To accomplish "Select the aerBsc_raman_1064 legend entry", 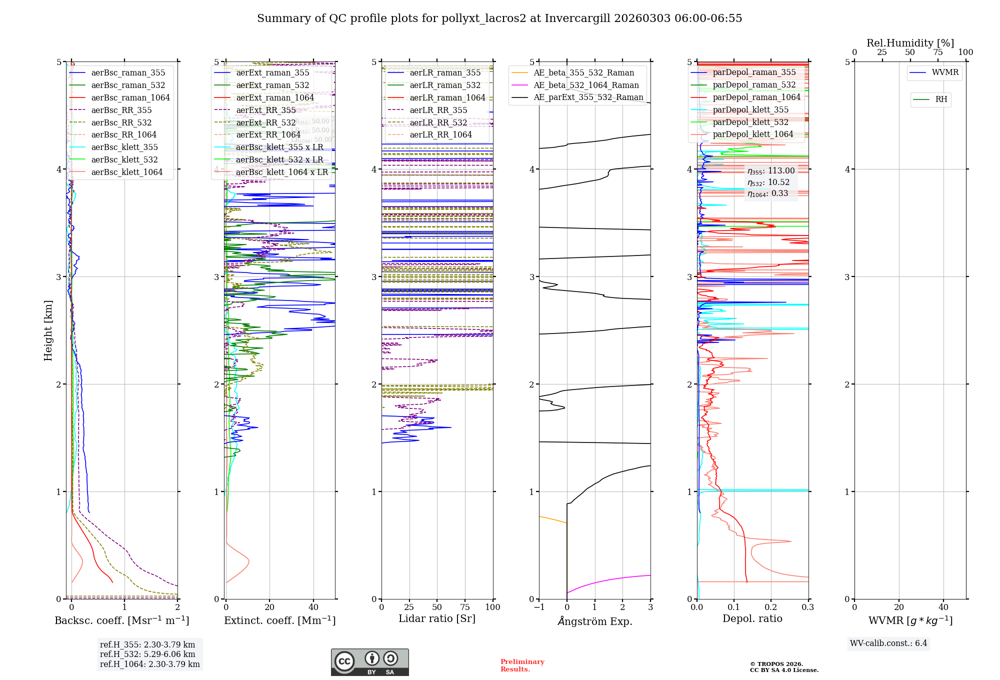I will click(x=130, y=98).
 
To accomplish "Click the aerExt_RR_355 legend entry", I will click(x=265, y=110).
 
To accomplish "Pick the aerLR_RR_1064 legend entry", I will click(x=440, y=135).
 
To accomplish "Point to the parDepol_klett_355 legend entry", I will click(x=750, y=110).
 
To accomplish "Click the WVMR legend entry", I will click(x=945, y=72).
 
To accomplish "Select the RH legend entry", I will click(x=941, y=99).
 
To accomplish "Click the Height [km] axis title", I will click(x=48, y=330).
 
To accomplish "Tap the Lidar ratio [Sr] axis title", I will click(x=436, y=619).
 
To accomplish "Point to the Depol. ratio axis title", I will click(x=752, y=619).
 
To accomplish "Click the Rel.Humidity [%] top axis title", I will click(x=910, y=43).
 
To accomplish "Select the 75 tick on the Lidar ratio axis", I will click(x=465, y=607).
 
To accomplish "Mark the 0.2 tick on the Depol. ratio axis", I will click(x=771, y=607).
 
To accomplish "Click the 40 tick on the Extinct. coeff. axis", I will click(x=313, y=607).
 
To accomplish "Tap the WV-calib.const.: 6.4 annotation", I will click(x=888, y=643).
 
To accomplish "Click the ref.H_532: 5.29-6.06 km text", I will click(x=147, y=654).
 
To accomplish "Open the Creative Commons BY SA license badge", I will click(x=369, y=662).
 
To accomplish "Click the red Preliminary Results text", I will click(x=522, y=665).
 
